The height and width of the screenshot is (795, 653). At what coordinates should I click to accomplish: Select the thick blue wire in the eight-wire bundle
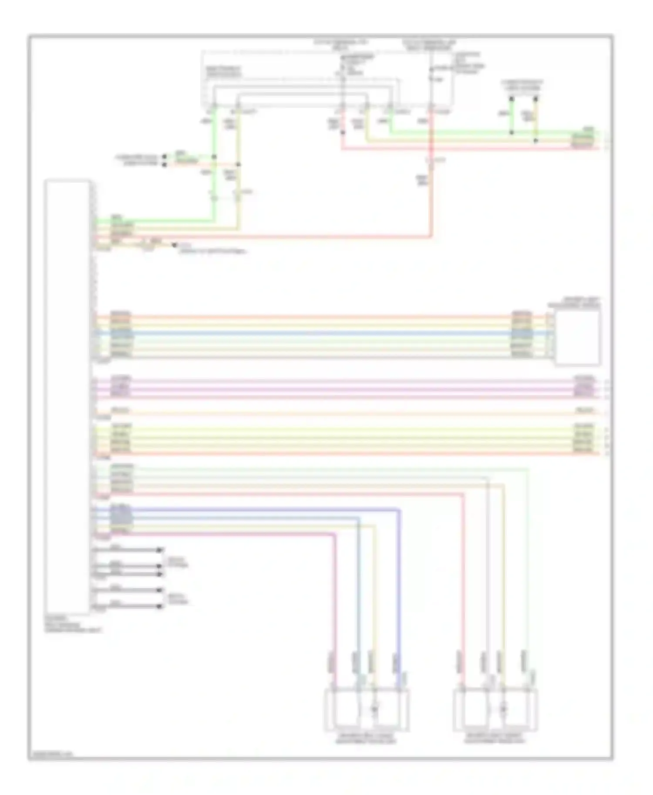click(305, 334)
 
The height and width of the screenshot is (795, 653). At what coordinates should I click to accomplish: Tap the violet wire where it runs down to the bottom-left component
click(399, 587)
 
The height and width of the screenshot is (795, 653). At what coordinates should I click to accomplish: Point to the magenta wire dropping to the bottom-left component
click(335, 600)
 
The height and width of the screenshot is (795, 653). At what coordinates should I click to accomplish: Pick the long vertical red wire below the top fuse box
click(431, 196)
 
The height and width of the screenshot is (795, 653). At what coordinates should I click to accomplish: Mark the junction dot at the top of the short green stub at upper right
click(512, 99)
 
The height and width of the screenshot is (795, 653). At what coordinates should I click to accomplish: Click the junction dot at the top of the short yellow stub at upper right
click(536, 99)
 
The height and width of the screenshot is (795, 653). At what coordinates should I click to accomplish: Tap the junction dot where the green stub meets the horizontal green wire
click(512, 132)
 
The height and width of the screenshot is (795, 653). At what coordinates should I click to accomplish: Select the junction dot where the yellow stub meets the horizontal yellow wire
click(536, 140)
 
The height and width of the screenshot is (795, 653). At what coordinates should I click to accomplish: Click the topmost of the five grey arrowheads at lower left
click(160, 550)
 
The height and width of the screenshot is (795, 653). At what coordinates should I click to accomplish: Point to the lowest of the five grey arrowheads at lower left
click(160, 606)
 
